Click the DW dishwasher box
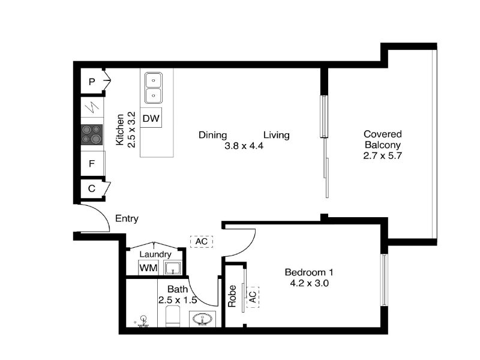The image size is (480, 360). [x=151, y=118]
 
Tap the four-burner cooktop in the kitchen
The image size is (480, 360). [x=92, y=134]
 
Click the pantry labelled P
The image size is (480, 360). [x=92, y=82]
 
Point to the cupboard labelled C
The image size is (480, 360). [x=92, y=188]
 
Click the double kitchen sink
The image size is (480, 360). [x=154, y=88]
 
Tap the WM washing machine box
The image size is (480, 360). [x=148, y=268]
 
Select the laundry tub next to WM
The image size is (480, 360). [x=173, y=268]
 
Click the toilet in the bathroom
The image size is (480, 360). [x=173, y=316]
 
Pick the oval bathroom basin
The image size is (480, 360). [x=203, y=319]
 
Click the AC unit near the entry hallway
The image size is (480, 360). [x=202, y=242]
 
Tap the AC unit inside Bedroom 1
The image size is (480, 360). [x=253, y=297]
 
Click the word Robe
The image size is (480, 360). [x=232, y=296]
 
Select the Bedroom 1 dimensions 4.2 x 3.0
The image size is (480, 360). [x=309, y=283]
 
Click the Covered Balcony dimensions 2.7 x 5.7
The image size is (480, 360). [x=382, y=156]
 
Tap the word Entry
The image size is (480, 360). [x=127, y=218]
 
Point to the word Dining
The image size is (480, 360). [x=213, y=135]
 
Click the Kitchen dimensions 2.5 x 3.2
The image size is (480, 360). [x=131, y=130]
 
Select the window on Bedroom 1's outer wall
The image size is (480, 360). [x=384, y=280]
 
